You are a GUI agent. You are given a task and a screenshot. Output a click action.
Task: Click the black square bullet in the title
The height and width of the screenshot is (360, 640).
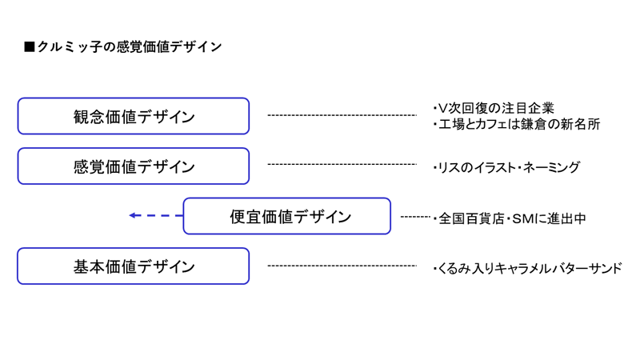[30, 47]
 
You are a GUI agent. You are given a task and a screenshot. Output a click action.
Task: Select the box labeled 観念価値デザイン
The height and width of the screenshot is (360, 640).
[134, 116]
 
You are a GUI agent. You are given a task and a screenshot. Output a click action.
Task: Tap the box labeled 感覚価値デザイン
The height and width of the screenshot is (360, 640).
[134, 166]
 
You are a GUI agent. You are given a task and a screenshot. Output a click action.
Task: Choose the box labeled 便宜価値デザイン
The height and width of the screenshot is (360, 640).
[286, 216]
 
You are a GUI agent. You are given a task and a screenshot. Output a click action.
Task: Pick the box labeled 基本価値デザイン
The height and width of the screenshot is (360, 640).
[134, 266]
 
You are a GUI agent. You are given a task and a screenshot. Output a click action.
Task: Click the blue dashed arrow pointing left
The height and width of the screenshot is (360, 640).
[156, 216]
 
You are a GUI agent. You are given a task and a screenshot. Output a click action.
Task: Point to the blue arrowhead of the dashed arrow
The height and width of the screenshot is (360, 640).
[134, 216]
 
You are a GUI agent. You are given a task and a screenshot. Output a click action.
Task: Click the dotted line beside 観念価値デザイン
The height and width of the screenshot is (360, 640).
[342, 115]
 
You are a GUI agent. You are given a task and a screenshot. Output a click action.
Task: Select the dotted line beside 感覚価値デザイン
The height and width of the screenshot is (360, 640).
[342, 165]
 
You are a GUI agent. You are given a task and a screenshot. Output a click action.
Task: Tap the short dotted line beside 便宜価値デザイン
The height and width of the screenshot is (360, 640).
[415, 217]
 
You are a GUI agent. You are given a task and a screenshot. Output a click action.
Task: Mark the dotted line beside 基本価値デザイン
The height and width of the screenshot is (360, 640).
[342, 266]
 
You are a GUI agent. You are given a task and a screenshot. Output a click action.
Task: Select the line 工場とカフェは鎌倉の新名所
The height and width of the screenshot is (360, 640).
[518, 125]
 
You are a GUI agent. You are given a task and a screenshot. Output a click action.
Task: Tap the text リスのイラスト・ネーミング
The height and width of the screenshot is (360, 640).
[506, 168]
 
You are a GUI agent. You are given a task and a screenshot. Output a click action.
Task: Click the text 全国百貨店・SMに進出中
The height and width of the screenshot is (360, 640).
[510, 218]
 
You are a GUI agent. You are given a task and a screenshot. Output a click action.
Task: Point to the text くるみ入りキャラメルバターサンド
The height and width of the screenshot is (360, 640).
[527, 269]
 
